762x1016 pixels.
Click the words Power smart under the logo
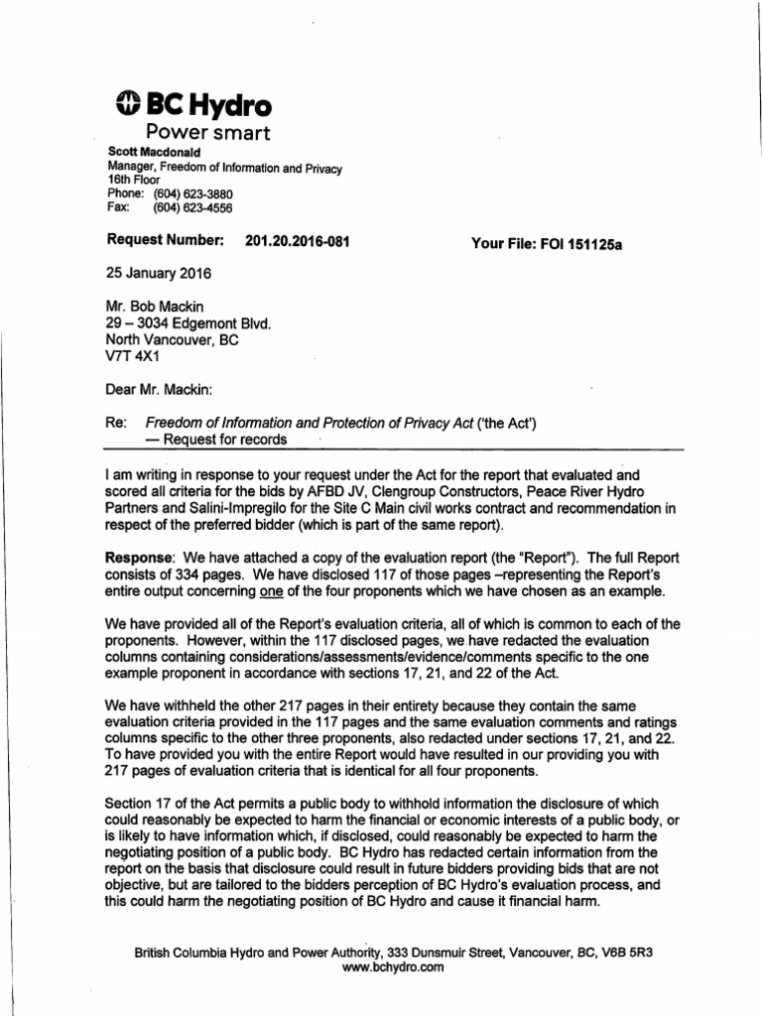coord(207,133)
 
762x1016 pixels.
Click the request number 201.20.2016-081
coord(297,241)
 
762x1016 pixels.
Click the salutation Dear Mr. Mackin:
coord(160,390)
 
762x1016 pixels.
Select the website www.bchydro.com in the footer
coord(394,967)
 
